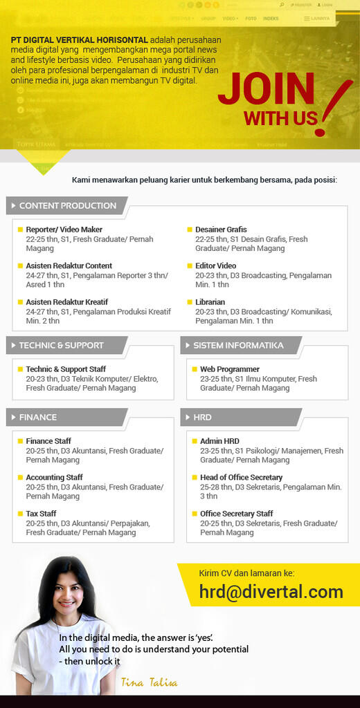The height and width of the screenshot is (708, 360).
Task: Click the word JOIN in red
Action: click(266, 89)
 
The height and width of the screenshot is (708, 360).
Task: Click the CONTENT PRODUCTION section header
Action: click(67, 205)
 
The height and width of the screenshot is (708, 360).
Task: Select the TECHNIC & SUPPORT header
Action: click(61, 345)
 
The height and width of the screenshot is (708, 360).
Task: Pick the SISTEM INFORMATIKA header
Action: click(237, 345)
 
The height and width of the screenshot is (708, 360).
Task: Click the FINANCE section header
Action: click(38, 417)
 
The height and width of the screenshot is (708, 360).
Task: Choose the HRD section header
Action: click(203, 417)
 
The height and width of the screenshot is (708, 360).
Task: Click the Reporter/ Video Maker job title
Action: click(64, 230)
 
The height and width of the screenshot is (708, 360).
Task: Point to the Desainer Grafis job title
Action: click(221, 230)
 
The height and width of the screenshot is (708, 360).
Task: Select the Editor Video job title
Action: click(215, 265)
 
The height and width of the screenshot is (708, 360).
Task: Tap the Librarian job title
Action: click(210, 302)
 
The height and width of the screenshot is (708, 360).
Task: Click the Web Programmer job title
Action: click(230, 369)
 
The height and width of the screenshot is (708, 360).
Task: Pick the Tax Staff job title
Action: click(41, 514)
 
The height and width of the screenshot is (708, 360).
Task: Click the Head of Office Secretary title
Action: click(241, 477)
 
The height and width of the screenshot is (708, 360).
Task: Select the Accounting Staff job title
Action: click(54, 477)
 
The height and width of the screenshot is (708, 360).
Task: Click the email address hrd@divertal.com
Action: click(271, 592)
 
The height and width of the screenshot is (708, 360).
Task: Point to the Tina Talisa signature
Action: click(149, 683)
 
